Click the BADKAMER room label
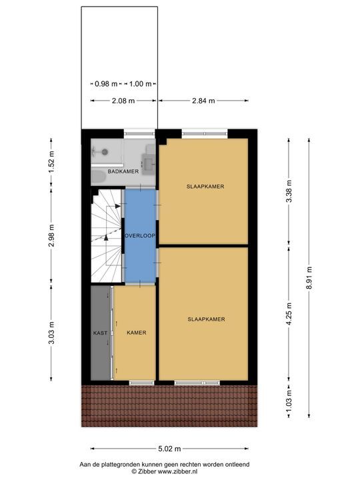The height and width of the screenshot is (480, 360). click(x=123, y=171)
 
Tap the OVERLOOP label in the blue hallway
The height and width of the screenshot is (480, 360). click(x=140, y=236)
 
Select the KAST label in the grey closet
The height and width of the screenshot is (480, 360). click(x=100, y=333)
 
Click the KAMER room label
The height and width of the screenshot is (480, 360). click(x=137, y=333)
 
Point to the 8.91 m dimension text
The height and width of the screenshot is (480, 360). click(x=309, y=277)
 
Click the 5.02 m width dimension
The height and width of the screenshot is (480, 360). click(x=169, y=449)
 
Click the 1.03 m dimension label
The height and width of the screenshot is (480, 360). click(x=289, y=401)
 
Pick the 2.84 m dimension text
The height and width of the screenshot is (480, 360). click(x=203, y=101)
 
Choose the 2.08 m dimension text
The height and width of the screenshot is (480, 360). click(x=123, y=101)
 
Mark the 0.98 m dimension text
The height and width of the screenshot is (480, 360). click(x=106, y=83)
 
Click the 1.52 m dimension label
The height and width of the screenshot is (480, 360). click(x=51, y=162)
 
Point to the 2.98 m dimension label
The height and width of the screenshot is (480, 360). click(x=51, y=235)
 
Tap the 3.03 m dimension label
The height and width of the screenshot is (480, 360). click(x=51, y=333)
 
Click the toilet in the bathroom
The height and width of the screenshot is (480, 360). click(x=97, y=177)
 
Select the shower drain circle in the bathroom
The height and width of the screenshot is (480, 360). click(x=105, y=151)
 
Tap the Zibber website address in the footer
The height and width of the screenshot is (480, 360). click(x=177, y=471)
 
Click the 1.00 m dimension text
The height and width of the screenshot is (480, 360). click(x=140, y=83)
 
